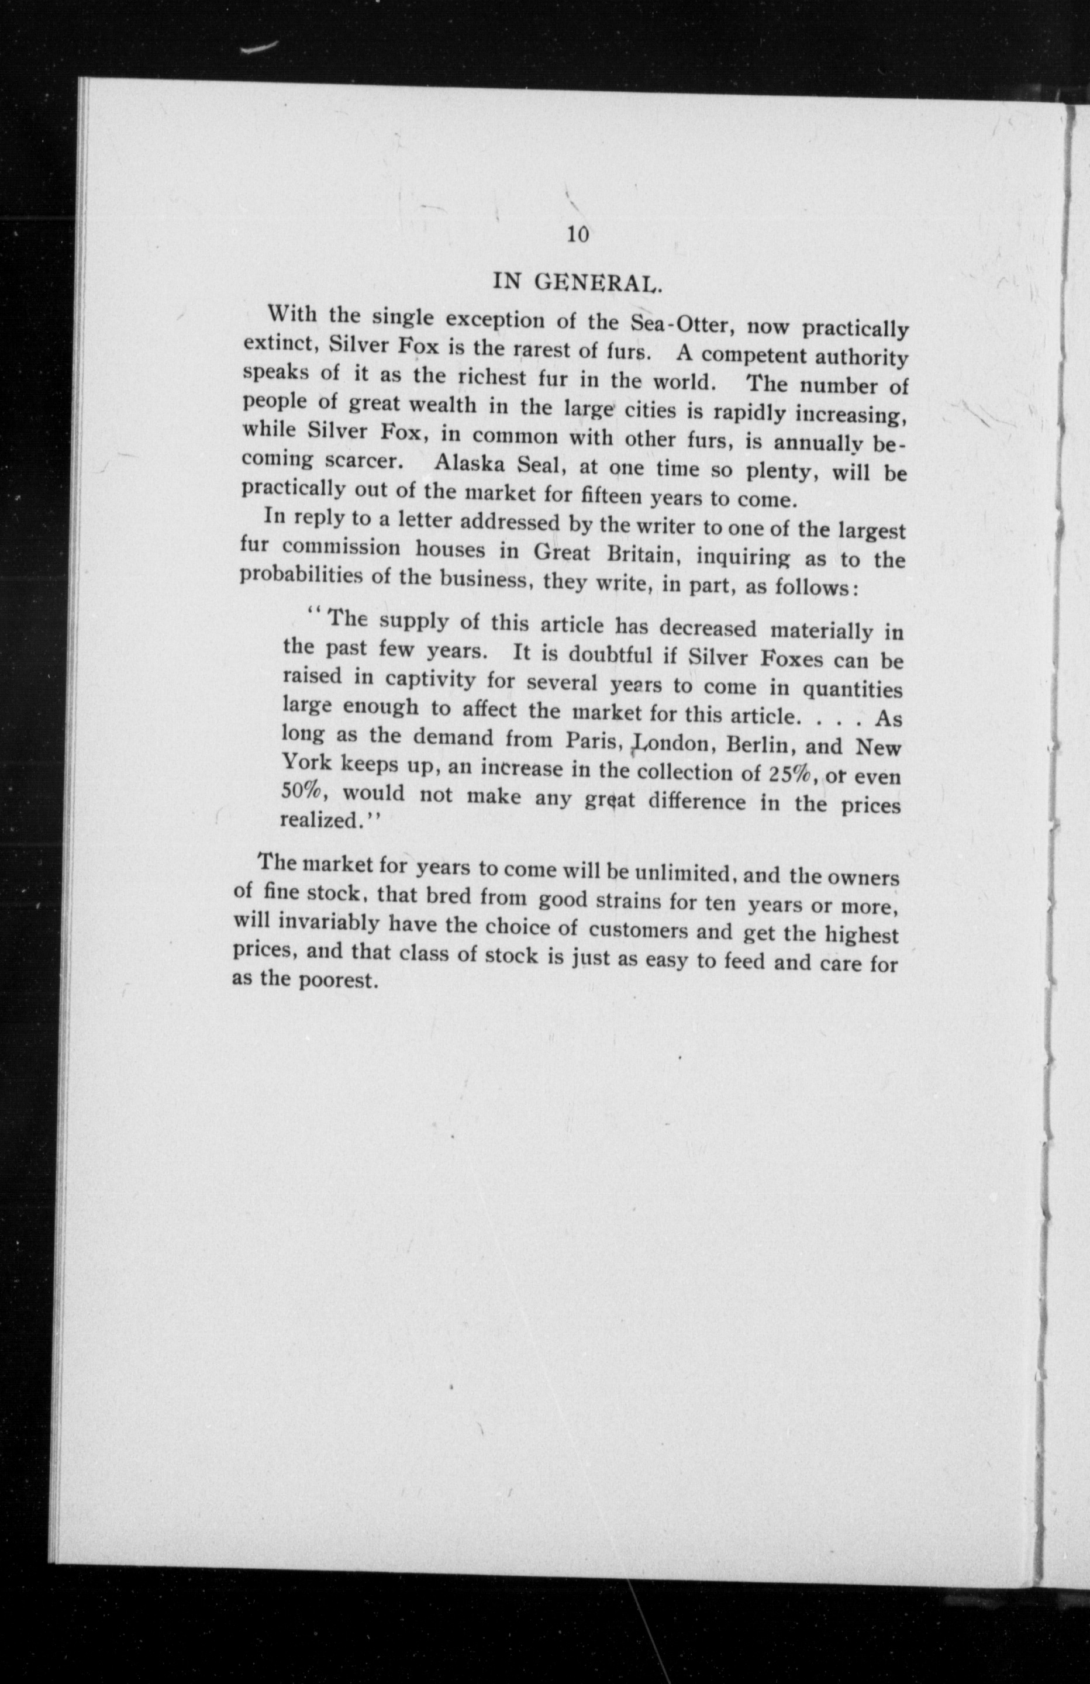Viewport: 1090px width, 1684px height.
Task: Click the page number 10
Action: click(x=578, y=235)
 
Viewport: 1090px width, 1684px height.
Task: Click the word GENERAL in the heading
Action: click(x=598, y=283)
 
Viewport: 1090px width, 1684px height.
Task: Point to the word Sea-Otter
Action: click(x=680, y=324)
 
